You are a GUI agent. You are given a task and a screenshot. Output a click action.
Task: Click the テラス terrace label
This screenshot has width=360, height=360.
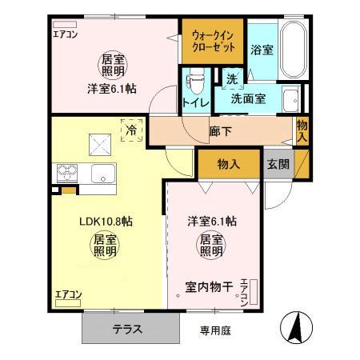(x=129, y=328)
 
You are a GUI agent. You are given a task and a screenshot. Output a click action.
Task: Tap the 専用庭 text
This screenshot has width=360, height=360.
(x=214, y=329)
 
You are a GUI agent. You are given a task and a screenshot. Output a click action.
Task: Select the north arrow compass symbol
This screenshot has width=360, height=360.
(x=294, y=327)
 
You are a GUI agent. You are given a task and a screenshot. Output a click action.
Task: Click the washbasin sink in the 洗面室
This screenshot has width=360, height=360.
(x=291, y=100)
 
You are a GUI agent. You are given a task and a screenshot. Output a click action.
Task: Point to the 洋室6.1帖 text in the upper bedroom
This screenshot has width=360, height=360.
(x=112, y=88)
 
